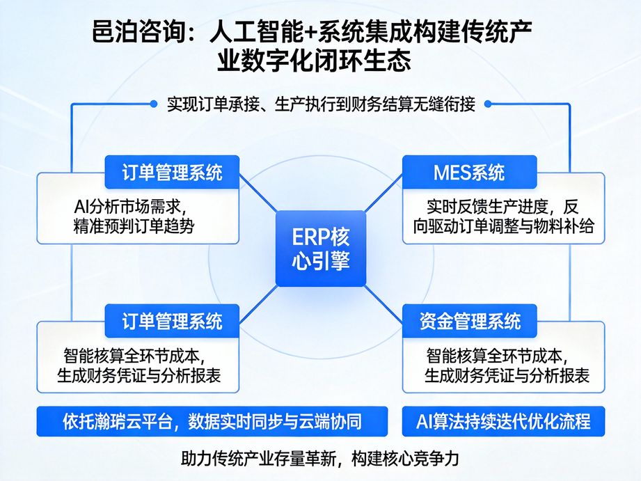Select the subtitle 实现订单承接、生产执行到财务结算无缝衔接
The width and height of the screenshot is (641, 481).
(321, 104)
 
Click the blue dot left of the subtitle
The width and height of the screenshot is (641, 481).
(154, 104)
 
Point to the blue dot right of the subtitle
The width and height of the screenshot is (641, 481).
(488, 104)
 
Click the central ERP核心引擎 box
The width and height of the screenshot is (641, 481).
(320, 249)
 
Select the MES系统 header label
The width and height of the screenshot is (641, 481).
(469, 172)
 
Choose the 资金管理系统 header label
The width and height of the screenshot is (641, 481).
(469, 321)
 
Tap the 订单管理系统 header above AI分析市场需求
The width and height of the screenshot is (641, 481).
(172, 172)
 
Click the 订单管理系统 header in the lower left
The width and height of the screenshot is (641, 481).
(172, 321)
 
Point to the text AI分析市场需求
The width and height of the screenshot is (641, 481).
(132, 207)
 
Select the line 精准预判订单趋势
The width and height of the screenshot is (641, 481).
(132, 226)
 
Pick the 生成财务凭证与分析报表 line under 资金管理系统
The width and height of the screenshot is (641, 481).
(507, 376)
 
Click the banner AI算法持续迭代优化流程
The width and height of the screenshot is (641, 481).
(502, 421)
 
